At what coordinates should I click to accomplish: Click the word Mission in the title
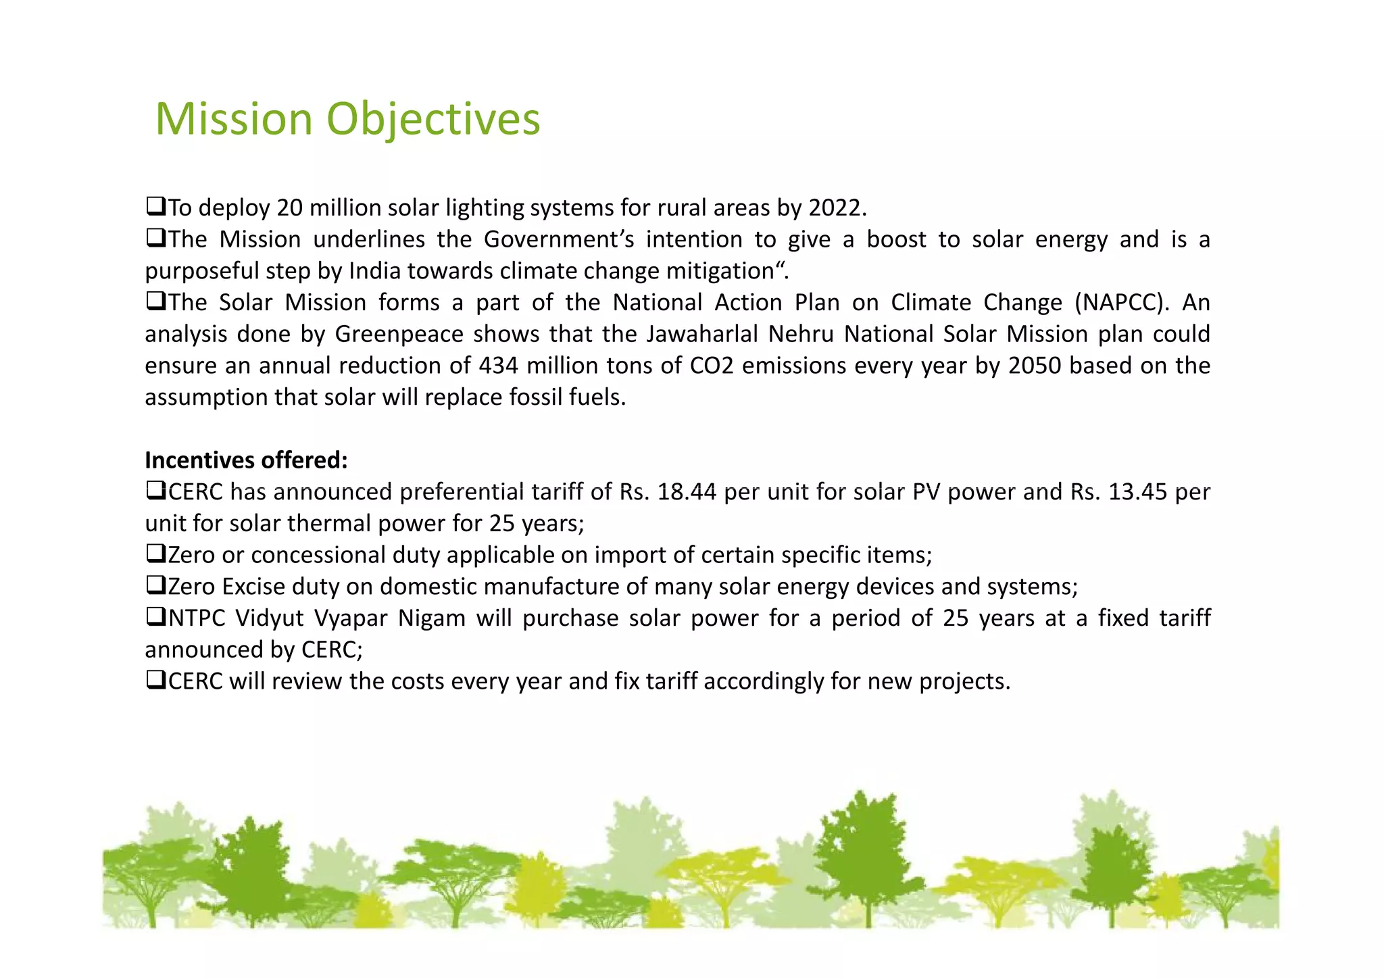pos(233,119)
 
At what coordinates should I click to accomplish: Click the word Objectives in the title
pos(433,119)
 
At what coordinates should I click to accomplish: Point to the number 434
pos(498,366)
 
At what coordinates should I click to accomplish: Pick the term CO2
pos(712,366)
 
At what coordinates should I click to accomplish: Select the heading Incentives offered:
pos(246,460)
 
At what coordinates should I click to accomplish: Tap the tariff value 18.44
pos(686,492)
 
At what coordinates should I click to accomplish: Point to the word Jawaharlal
pos(702,334)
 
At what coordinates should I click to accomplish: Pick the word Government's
pos(559,239)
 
